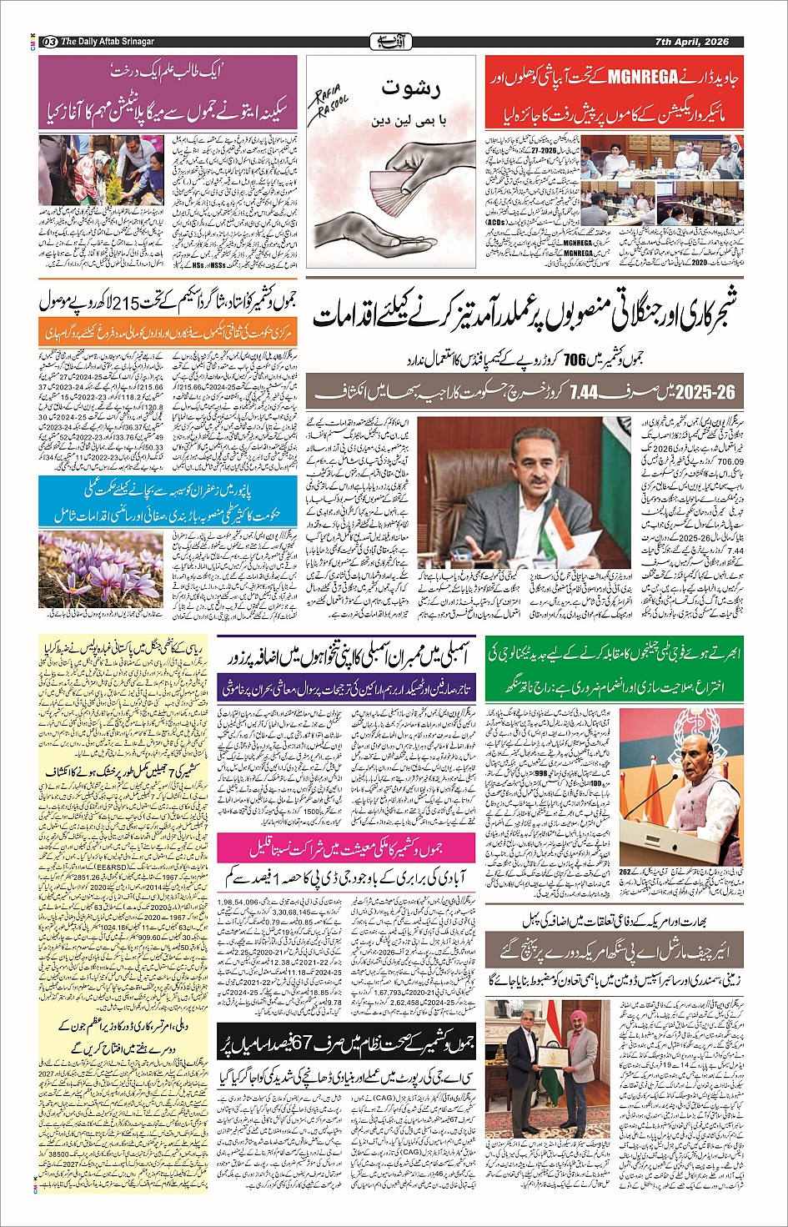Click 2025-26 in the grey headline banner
click(703, 391)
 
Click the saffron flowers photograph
click(89, 571)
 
